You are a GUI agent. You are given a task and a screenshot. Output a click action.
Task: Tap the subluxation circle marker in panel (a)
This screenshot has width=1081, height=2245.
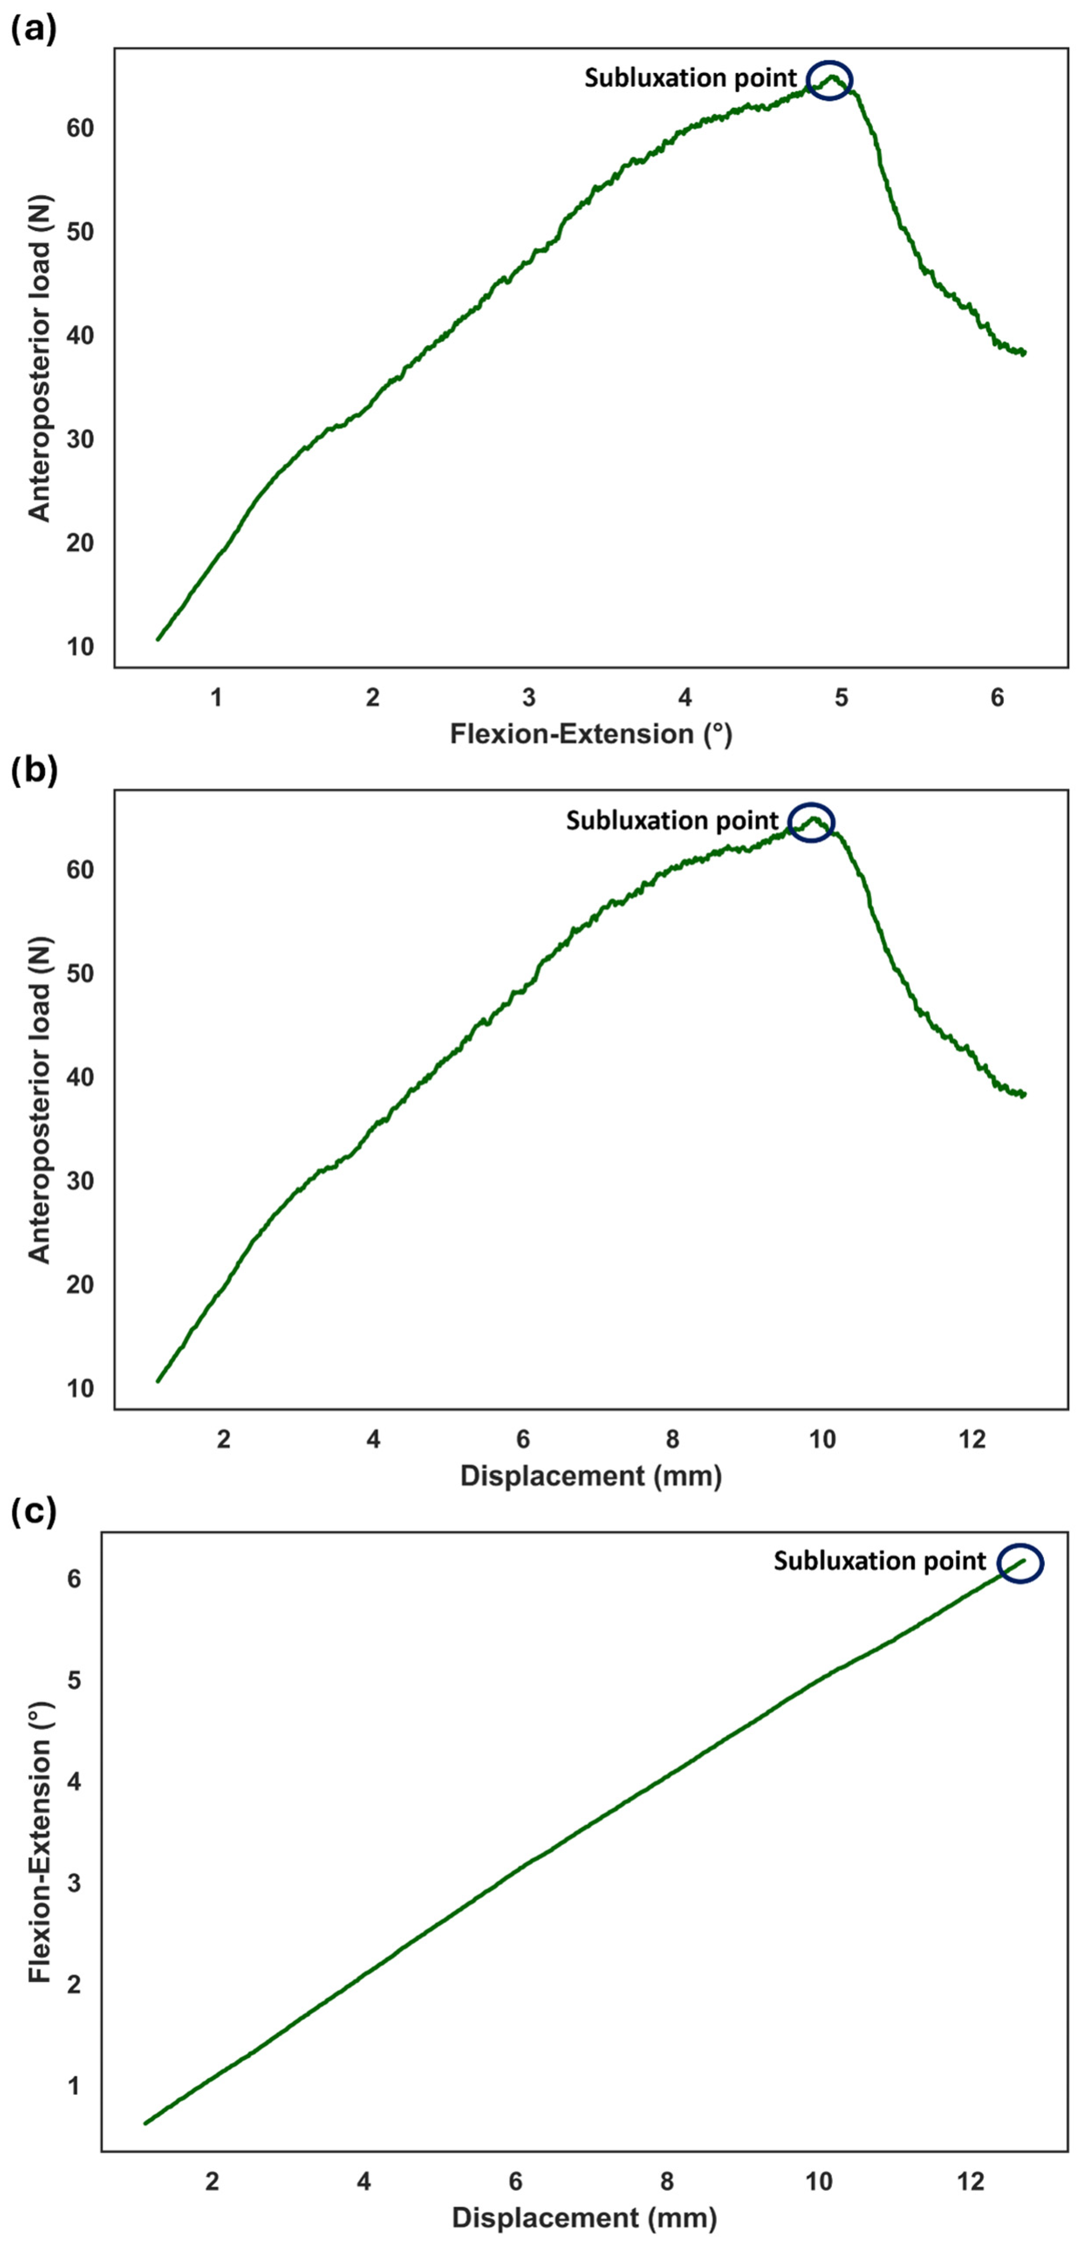pos(829,80)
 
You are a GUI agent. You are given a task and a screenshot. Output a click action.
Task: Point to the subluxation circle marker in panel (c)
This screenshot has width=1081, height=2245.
pos(1019,1563)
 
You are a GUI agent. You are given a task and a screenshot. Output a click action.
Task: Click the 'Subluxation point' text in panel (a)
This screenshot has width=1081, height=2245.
pos(690,79)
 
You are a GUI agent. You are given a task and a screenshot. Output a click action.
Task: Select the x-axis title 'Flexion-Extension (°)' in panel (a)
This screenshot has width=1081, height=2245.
pos(590,734)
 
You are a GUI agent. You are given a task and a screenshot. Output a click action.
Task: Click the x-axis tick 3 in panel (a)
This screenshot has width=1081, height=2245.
pos(529,697)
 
